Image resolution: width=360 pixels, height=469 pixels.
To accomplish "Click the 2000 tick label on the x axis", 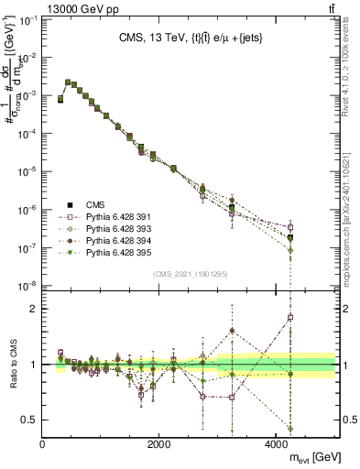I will [159, 442].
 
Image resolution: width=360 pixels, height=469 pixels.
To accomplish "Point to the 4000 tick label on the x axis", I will [276, 442].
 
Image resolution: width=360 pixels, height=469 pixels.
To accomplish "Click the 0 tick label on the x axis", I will [43, 442].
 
